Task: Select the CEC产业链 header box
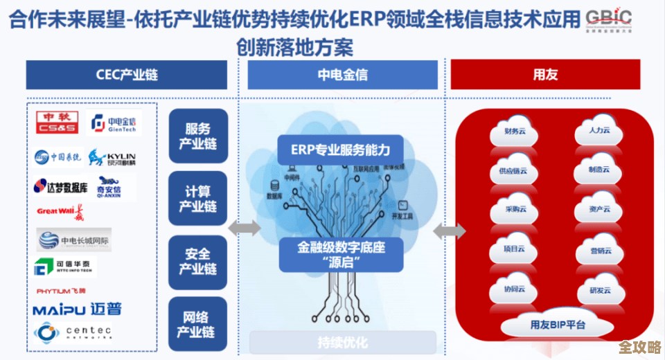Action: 127,75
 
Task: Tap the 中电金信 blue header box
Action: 342,75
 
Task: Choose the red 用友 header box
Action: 545,75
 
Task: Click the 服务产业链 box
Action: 197,136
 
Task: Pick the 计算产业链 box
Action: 197,198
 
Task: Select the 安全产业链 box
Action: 197,261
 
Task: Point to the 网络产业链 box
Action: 197,323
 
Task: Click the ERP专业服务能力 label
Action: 340,149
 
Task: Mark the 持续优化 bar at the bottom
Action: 342,342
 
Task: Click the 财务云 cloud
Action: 513,132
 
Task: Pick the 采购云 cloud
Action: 513,209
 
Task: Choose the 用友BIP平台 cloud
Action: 558,324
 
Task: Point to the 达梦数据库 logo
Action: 60,187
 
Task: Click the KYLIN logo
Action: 112,159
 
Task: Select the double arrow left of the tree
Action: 244,227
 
